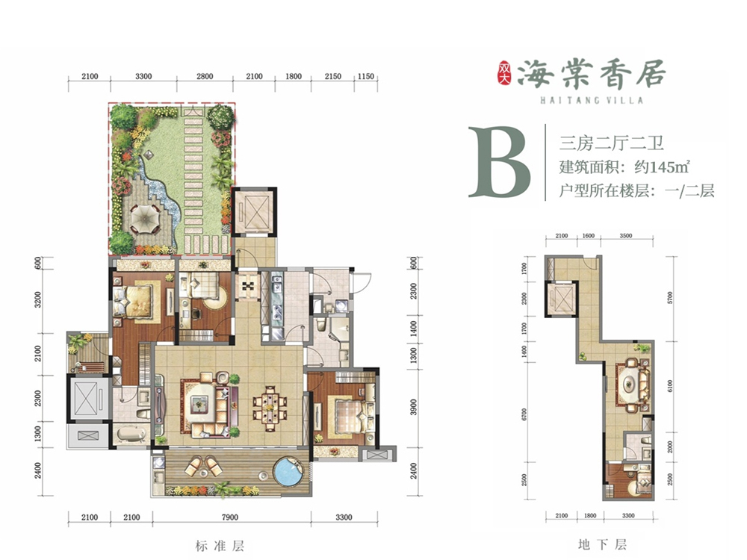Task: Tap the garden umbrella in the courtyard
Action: (x=141, y=220)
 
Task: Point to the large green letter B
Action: (x=500, y=161)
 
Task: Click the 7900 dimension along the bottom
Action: (x=229, y=517)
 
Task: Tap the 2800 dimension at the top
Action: (x=205, y=76)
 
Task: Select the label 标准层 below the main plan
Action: (x=220, y=546)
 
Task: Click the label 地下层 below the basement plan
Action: (x=603, y=544)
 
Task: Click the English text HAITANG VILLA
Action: (x=592, y=100)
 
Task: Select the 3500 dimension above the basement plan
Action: (x=626, y=236)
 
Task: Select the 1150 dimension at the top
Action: (x=365, y=76)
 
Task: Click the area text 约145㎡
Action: (x=663, y=167)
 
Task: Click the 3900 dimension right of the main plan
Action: (x=413, y=407)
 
